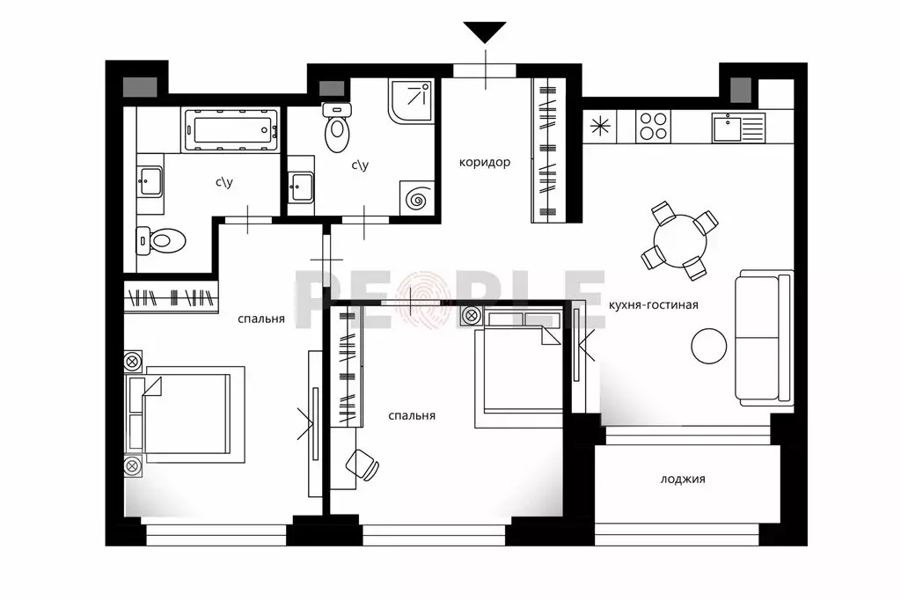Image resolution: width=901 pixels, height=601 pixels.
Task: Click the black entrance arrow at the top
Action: [485, 31]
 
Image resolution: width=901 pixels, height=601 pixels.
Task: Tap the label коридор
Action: [485, 163]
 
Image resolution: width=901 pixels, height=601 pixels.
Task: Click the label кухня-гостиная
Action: [654, 304]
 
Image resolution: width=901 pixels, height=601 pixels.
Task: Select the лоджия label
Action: [683, 479]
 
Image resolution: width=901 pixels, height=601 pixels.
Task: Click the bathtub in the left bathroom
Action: [231, 130]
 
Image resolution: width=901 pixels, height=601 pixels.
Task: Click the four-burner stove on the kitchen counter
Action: [654, 127]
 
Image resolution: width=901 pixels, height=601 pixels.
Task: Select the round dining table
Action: [680, 240]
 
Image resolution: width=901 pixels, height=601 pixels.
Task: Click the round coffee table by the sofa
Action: [709, 346]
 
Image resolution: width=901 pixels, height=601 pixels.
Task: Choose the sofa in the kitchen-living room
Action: [765, 338]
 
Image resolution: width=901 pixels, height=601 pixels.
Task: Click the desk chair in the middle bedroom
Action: [362, 464]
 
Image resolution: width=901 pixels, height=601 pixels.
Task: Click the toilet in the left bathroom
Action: [161, 240]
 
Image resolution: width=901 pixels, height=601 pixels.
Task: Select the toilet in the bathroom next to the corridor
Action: [337, 128]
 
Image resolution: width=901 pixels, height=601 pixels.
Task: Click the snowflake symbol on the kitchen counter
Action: [599, 126]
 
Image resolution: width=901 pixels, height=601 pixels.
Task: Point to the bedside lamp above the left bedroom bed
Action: [133, 362]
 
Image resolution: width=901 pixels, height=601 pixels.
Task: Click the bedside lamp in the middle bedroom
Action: [472, 315]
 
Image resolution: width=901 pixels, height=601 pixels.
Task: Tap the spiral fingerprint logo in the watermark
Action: [423, 299]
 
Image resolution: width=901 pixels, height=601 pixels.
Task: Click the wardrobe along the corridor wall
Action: [548, 150]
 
